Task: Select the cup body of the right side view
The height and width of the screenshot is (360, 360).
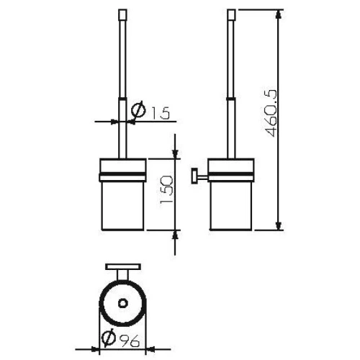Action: coord(230,205)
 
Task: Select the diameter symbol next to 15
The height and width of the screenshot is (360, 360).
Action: coord(139,112)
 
